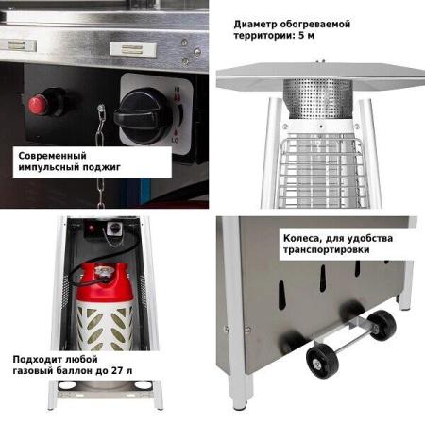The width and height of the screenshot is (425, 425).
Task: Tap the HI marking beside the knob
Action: pyautogui.click(x=177, y=90)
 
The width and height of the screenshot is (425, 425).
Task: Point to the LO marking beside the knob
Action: pyautogui.click(x=175, y=140)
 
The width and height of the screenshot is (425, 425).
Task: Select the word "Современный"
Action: pyautogui.click(x=52, y=156)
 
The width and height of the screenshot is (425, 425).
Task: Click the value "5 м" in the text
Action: pyautogui.click(x=306, y=36)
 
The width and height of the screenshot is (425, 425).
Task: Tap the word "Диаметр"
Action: pyautogui.click(x=254, y=24)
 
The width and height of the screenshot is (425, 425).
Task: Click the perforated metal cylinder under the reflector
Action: pyautogui.click(x=318, y=98)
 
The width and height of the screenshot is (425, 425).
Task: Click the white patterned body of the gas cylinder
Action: pyautogui.click(x=105, y=326)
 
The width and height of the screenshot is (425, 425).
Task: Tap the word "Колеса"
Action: pyautogui.click(x=301, y=238)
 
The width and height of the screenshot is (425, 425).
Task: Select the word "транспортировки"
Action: pyautogui.click(x=326, y=250)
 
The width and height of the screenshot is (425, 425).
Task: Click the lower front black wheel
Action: pyautogui.click(x=323, y=361)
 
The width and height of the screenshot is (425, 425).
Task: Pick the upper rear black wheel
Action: pyautogui.click(x=382, y=325)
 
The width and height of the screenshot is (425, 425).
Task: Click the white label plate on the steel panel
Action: pyautogui.click(x=133, y=50)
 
